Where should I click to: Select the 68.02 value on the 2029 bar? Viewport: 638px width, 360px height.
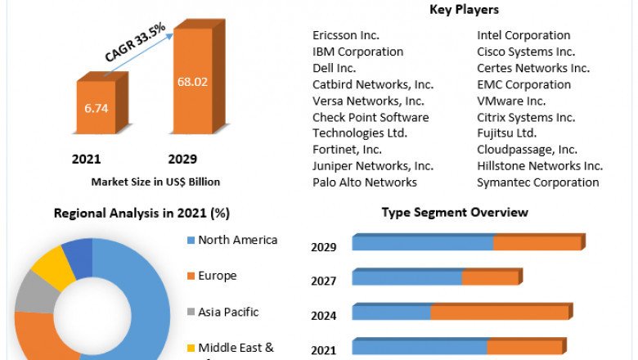(x=192, y=81)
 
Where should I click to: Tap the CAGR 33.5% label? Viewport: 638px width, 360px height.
(x=135, y=43)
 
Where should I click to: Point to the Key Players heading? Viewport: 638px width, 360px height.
(x=464, y=10)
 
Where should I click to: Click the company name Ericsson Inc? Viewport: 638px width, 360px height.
(x=346, y=35)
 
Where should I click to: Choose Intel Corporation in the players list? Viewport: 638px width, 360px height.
(x=523, y=35)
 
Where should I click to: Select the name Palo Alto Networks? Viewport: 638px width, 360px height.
(x=365, y=182)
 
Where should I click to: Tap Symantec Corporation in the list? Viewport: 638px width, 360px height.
(x=538, y=182)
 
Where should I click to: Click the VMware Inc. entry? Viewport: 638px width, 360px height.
(x=511, y=101)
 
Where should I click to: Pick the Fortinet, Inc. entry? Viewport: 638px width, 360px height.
(x=347, y=150)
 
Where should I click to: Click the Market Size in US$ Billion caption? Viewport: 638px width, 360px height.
(x=155, y=182)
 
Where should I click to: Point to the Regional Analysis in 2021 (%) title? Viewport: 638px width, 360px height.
(x=142, y=214)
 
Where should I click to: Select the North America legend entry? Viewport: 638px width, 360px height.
(x=237, y=240)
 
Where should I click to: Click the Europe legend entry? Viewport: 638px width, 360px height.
(x=217, y=276)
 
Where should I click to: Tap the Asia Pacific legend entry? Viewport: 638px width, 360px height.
(x=228, y=312)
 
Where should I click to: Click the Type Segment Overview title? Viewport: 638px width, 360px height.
(x=455, y=213)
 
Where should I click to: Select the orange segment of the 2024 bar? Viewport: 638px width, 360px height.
(x=499, y=313)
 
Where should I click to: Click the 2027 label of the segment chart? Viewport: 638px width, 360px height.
(x=324, y=281)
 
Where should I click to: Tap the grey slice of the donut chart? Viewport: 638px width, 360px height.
(x=32, y=292)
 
